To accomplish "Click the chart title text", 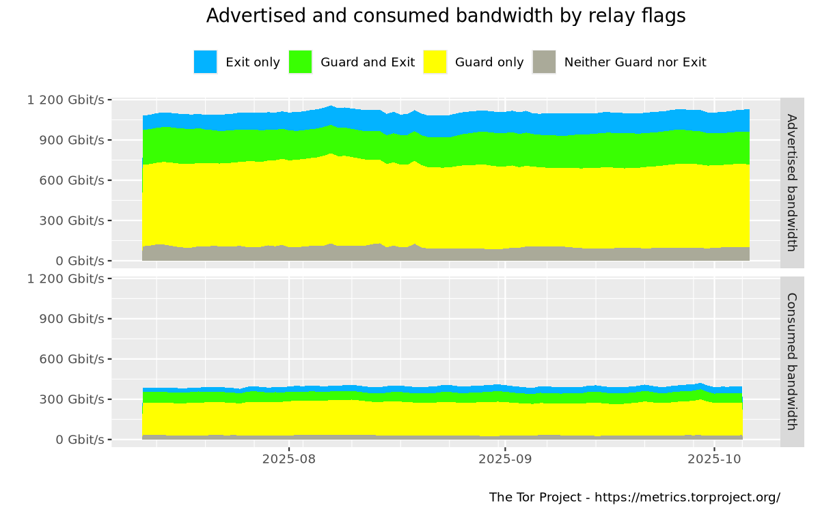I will (446, 16).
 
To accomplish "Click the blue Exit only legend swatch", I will (205, 62).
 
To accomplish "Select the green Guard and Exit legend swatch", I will (300, 62).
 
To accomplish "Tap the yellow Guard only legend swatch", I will (435, 62).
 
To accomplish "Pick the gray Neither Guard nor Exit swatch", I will (544, 62).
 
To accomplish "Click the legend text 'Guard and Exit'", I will (368, 62).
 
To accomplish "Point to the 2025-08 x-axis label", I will (289, 459).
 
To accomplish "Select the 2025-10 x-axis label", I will (715, 459).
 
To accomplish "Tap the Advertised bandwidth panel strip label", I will (792, 182).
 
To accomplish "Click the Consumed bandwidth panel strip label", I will (792, 361).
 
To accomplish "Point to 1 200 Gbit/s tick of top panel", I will (66, 100).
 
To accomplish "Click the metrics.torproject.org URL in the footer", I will (687, 497).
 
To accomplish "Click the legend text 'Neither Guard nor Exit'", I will (635, 62).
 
